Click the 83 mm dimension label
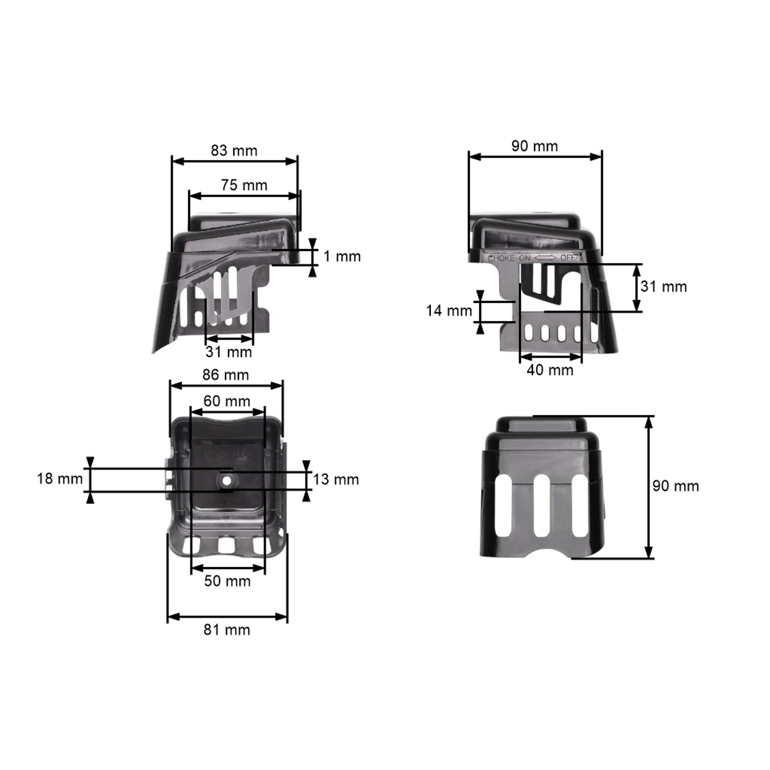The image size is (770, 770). point(234,151)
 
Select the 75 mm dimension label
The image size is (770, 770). point(244,185)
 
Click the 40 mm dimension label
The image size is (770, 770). point(550,370)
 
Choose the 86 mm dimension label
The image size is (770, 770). point(226,375)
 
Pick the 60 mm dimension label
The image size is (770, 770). point(227,401)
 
